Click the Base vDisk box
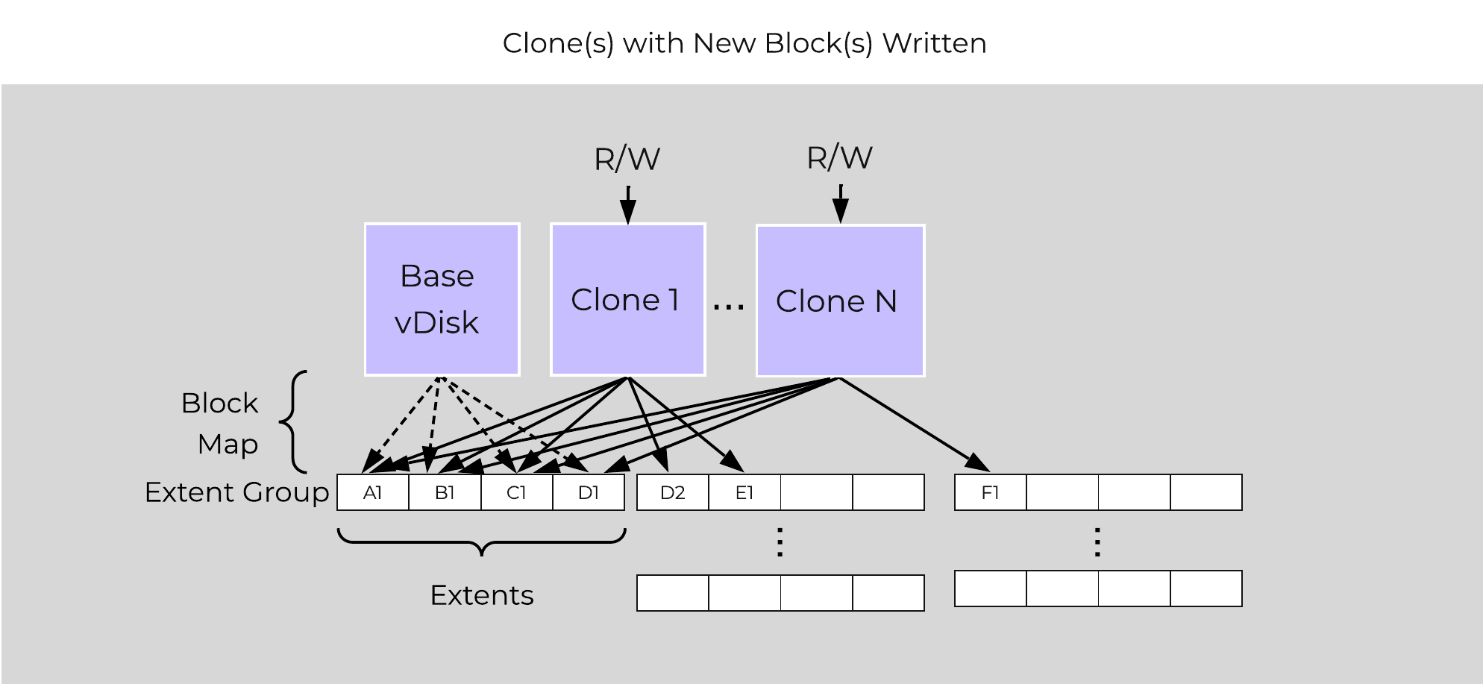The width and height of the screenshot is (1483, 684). click(x=442, y=299)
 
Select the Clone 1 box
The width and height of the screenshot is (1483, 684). click(x=627, y=299)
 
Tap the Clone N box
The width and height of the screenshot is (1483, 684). click(x=840, y=301)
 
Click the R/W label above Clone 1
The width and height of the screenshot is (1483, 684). click(x=627, y=159)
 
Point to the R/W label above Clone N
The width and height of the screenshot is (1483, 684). click(x=839, y=157)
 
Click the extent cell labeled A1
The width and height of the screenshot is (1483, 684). click(x=373, y=492)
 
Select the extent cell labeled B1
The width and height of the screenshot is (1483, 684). click(x=445, y=492)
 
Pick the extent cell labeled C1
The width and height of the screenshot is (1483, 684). click(x=517, y=492)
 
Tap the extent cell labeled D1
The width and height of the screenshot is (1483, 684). click(x=589, y=492)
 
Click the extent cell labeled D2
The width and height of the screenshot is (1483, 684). click(x=672, y=492)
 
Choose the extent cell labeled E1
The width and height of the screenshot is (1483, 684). click(x=744, y=492)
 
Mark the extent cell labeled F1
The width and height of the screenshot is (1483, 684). click(x=990, y=492)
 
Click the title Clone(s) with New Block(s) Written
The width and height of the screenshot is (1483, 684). click(x=744, y=43)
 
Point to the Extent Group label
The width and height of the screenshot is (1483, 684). click(x=236, y=492)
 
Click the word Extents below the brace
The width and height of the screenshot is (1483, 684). click(x=482, y=595)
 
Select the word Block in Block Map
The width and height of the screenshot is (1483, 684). click(x=219, y=403)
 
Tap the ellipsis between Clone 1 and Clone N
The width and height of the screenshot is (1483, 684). click(x=729, y=305)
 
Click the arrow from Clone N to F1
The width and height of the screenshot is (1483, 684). click(x=910, y=423)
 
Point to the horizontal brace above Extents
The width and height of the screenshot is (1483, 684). click(x=482, y=542)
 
